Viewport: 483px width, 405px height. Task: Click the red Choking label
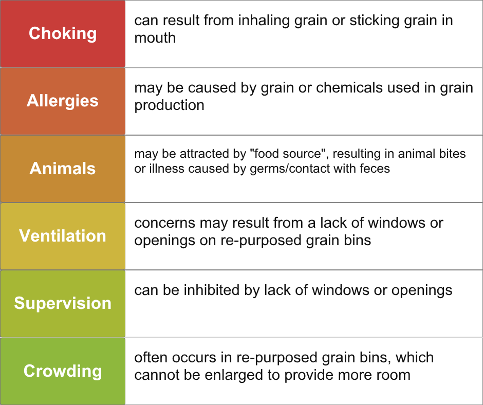click(x=63, y=33)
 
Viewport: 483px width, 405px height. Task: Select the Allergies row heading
click(x=63, y=101)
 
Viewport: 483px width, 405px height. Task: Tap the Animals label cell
click(x=63, y=168)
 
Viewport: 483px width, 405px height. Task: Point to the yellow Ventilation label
click(x=63, y=236)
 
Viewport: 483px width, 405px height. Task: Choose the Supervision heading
click(x=63, y=303)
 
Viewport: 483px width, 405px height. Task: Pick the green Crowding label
click(x=63, y=371)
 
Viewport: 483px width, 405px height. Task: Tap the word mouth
click(x=155, y=38)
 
